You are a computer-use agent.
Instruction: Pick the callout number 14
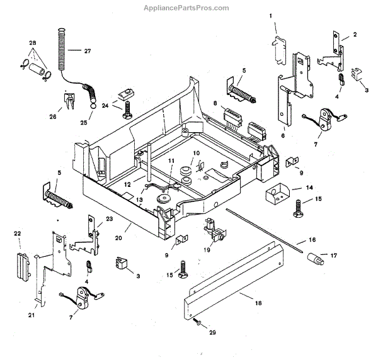click(x=309, y=188)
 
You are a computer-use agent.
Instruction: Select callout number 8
click(x=215, y=103)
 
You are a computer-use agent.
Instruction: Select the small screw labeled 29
click(x=198, y=323)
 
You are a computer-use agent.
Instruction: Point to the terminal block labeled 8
click(x=231, y=116)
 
